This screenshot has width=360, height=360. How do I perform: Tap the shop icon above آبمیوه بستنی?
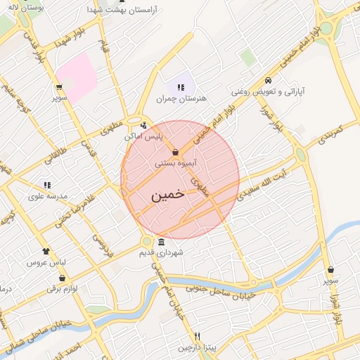pyautogui.click(x=175, y=152)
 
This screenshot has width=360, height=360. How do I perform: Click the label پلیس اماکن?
pyautogui.click(x=144, y=136)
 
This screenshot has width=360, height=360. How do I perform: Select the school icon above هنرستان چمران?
pyautogui.click(x=181, y=87)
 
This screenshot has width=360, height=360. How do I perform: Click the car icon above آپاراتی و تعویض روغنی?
pyautogui.click(x=267, y=80)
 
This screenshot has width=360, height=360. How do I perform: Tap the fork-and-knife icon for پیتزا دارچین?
pyautogui.click(x=198, y=336)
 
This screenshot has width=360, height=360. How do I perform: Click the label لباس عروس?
pyautogui.click(x=46, y=262)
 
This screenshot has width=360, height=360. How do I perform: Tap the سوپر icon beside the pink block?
pyautogui.click(x=58, y=88)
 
